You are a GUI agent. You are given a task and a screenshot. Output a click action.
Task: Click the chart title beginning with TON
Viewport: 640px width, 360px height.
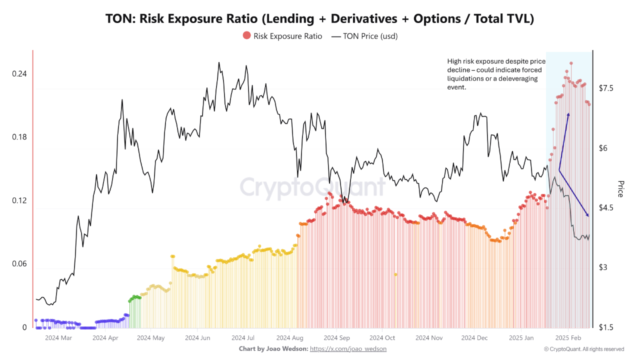click(x=319, y=18)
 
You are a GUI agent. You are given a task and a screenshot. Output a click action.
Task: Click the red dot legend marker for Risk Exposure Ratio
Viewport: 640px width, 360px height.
click(x=246, y=35)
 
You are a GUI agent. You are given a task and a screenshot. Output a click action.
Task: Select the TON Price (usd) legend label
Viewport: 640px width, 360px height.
click(x=369, y=36)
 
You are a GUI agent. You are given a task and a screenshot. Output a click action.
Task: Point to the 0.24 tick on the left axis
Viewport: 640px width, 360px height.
click(x=19, y=73)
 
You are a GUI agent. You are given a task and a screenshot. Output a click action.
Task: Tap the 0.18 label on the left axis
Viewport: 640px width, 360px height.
click(x=19, y=137)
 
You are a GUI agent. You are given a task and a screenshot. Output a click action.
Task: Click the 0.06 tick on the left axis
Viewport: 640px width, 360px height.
click(x=19, y=264)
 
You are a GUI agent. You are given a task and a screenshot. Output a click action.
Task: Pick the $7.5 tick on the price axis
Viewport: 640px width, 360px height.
click(x=606, y=88)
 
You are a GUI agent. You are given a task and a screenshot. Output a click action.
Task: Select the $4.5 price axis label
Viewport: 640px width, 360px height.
click(x=606, y=207)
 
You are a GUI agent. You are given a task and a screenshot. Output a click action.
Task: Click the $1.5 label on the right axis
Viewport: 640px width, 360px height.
click(x=606, y=327)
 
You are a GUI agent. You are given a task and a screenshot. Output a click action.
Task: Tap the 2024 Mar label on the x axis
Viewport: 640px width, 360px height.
click(x=58, y=338)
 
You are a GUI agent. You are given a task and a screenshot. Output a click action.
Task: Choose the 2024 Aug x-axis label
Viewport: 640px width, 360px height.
click(x=290, y=338)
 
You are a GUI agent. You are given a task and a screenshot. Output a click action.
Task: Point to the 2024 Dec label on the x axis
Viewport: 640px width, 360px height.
click(x=475, y=338)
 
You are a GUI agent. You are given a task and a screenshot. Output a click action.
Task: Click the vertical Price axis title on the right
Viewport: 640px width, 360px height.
click(x=620, y=188)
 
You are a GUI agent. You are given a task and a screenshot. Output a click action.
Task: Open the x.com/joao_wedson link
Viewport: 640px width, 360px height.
click(x=348, y=348)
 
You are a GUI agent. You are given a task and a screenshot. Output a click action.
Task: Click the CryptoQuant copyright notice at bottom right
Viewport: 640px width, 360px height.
click(x=584, y=349)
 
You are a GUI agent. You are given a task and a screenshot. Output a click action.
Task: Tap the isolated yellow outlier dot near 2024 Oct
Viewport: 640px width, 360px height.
click(x=395, y=274)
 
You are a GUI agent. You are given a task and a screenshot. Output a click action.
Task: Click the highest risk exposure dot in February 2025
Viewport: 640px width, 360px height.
click(x=571, y=63)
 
